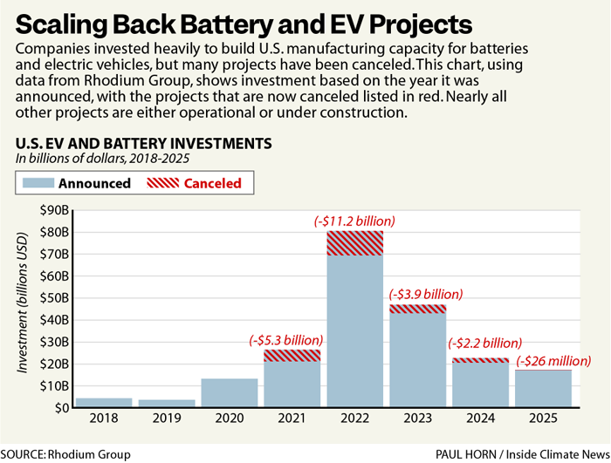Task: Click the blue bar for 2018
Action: click(x=104, y=402)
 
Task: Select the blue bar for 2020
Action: click(x=230, y=392)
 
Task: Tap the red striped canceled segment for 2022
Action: click(x=354, y=243)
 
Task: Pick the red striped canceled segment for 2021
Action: click(x=292, y=356)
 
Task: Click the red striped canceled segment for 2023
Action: click(x=417, y=309)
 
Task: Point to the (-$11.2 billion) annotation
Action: click(x=354, y=221)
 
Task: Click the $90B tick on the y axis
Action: click(x=55, y=210)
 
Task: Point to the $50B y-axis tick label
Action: click(x=55, y=298)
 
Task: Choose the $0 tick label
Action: click(x=60, y=407)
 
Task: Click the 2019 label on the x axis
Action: click(x=167, y=419)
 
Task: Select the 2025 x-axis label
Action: click(x=543, y=419)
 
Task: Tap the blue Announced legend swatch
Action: click(x=38, y=183)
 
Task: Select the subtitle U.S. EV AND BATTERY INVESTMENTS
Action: click(x=143, y=143)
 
